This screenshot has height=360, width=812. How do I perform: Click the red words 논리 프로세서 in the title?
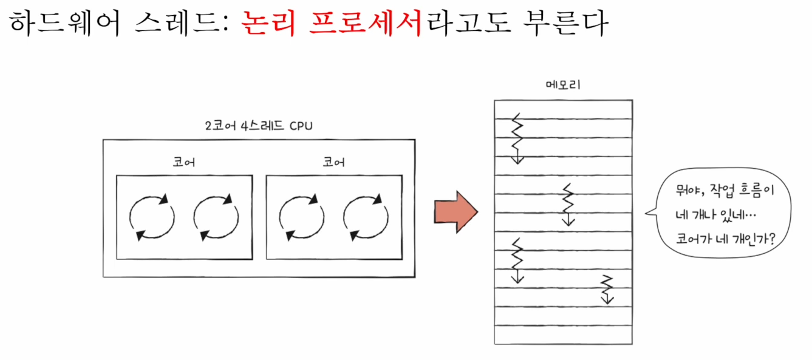[331, 26]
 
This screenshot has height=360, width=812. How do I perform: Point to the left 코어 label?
[184, 163]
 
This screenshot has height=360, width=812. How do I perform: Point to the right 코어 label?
[334, 163]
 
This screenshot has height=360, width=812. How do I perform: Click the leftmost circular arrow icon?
[152, 216]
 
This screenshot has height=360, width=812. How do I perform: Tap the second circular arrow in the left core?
[216, 216]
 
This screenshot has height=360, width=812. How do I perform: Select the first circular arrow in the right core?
[301, 216]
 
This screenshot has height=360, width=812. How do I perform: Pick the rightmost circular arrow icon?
[366, 216]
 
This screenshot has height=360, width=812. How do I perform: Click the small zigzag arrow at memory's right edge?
[607, 289]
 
